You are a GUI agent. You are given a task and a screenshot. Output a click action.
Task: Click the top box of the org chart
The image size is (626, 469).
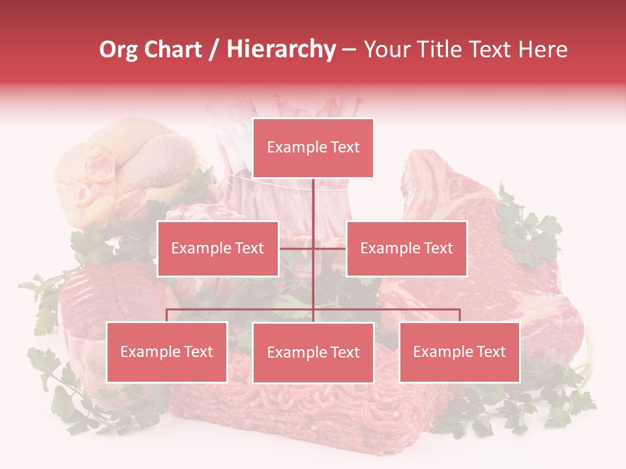(x=313, y=148)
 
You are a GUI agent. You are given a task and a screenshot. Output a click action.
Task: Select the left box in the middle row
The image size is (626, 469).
(x=218, y=248)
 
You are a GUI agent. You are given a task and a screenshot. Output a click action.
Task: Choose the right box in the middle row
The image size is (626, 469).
(x=406, y=248)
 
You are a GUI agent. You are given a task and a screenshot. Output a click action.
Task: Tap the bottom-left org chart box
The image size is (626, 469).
(x=167, y=352)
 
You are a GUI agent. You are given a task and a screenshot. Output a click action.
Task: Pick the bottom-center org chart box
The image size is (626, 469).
(x=313, y=352)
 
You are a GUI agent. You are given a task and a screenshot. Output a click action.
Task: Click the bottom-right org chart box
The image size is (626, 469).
(x=459, y=352)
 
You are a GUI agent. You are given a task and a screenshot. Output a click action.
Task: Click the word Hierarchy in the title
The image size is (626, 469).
(x=281, y=50)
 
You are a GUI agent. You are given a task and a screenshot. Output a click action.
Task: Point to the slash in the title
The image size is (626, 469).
(x=214, y=50)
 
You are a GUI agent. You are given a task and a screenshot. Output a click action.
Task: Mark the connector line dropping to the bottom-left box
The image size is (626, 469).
(x=167, y=315)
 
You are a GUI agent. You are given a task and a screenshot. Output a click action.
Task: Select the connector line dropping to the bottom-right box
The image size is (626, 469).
(x=459, y=315)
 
